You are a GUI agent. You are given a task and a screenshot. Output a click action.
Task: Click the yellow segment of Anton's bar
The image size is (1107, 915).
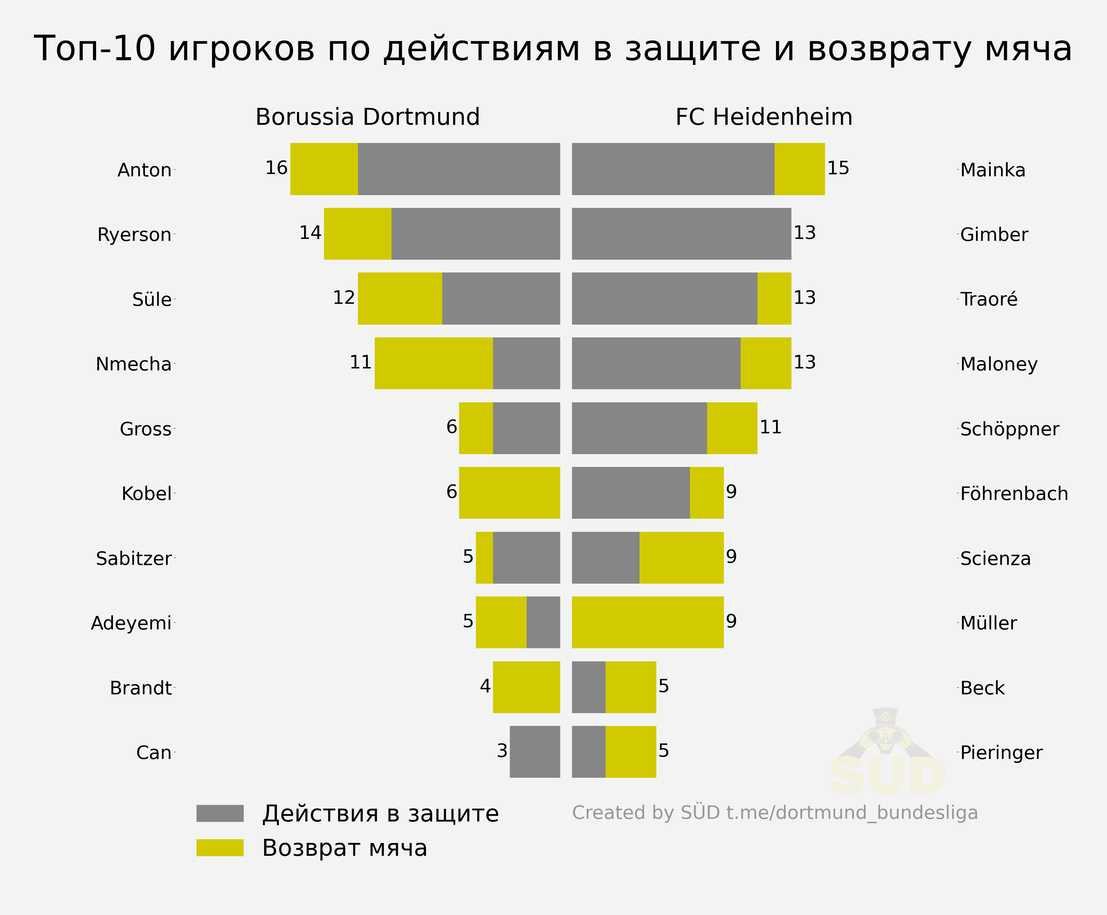(x=324, y=169)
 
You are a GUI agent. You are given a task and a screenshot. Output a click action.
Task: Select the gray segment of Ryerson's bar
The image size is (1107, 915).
(x=476, y=233)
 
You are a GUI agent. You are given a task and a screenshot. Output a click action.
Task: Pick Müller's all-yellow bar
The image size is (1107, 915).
(x=648, y=622)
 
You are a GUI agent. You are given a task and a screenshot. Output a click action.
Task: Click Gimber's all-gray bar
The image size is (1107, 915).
(x=682, y=233)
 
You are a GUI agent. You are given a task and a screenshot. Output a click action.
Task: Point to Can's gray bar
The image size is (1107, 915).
(x=535, y=752)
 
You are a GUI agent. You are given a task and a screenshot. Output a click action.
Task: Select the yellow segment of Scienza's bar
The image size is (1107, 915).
(x=682, y=558)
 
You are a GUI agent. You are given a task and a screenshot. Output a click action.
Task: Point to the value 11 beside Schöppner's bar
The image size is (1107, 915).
(x=771, y=427)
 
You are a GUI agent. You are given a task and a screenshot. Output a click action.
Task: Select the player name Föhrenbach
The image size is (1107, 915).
(x=1014, y=493)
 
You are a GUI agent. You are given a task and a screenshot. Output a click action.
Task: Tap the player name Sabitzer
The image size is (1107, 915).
(x=134, y=558)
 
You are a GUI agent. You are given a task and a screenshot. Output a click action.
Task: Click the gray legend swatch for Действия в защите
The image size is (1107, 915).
(x=220, y=813)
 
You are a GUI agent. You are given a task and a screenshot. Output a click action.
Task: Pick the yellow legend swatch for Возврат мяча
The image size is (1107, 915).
(x=220, y=847)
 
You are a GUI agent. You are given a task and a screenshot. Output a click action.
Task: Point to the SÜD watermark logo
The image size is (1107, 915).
(x=888, y=752)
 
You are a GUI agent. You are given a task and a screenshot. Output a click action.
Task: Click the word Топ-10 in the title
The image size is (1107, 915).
(x=95, y=48)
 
